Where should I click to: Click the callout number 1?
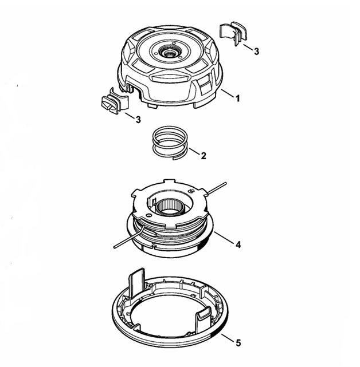tap(238, 98)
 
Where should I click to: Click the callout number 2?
tap(204, 156)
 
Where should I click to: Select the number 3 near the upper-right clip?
tap(256, 52)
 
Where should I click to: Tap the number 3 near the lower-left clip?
tap(138, 119)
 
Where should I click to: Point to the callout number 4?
tap(238, 245)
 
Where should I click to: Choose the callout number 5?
tap(238, 344)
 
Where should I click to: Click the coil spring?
tap(170, 143)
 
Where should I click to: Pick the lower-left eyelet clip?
tap(115, 101)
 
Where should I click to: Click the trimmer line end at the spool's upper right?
tap(225, 183)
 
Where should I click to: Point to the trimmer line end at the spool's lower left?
tap(115, 247)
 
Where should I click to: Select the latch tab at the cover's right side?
tap(204, 316)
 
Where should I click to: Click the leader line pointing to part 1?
tap(228, 93)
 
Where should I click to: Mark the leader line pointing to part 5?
tap(228, 338)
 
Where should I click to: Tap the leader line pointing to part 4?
tap(224, 238)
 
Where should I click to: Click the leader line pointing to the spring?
tap(194, 151)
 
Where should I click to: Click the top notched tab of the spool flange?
tap(170, 181)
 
